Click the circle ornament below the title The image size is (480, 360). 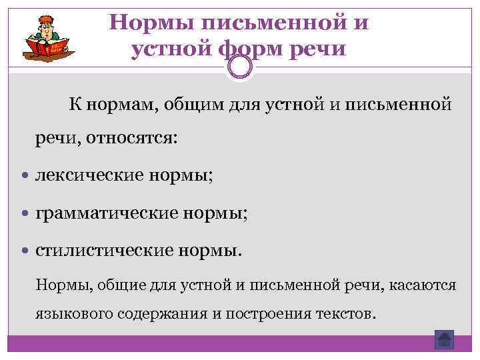tap(240, 66)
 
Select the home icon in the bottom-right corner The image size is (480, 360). tap(443, 339)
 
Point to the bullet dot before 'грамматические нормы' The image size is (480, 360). tap(25, 214)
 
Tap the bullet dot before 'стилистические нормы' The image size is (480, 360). tap(25, 251)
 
